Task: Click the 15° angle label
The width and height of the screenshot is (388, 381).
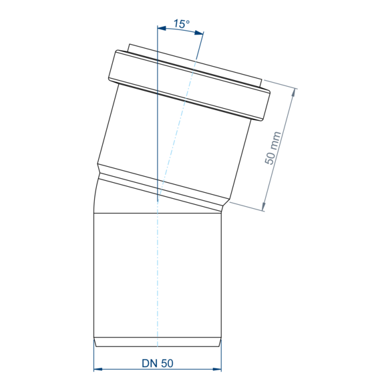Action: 182,24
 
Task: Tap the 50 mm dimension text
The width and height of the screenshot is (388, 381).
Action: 272,148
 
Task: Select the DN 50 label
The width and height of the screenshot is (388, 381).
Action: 158,363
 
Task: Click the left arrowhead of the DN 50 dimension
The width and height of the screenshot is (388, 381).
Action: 98,369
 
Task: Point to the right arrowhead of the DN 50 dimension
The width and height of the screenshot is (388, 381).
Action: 217,369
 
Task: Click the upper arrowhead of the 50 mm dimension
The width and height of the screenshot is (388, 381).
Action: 293,93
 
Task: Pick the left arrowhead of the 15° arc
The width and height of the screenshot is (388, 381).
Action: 162,28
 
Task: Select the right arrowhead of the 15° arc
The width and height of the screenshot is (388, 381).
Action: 199,33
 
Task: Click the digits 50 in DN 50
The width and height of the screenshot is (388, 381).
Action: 167,363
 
